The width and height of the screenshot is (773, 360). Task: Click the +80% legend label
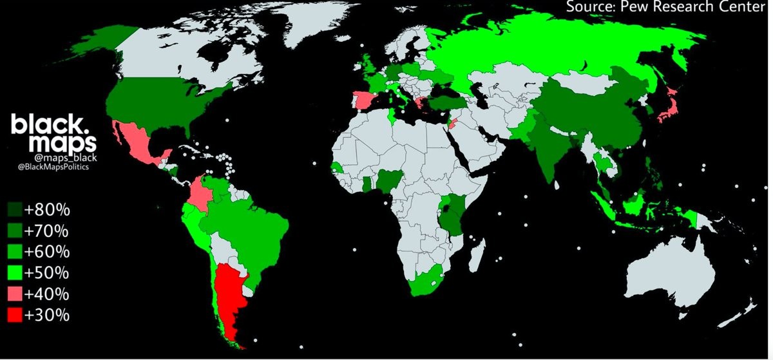[47, 210]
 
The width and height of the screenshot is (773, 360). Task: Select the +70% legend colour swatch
[14, 231]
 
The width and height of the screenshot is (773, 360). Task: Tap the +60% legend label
[47, 252]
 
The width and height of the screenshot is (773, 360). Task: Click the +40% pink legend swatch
[14, 294]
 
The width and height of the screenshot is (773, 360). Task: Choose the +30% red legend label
[47, 316]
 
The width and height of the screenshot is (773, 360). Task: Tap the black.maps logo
[53, 133]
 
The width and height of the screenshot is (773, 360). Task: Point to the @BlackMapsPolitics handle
[54, 167]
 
